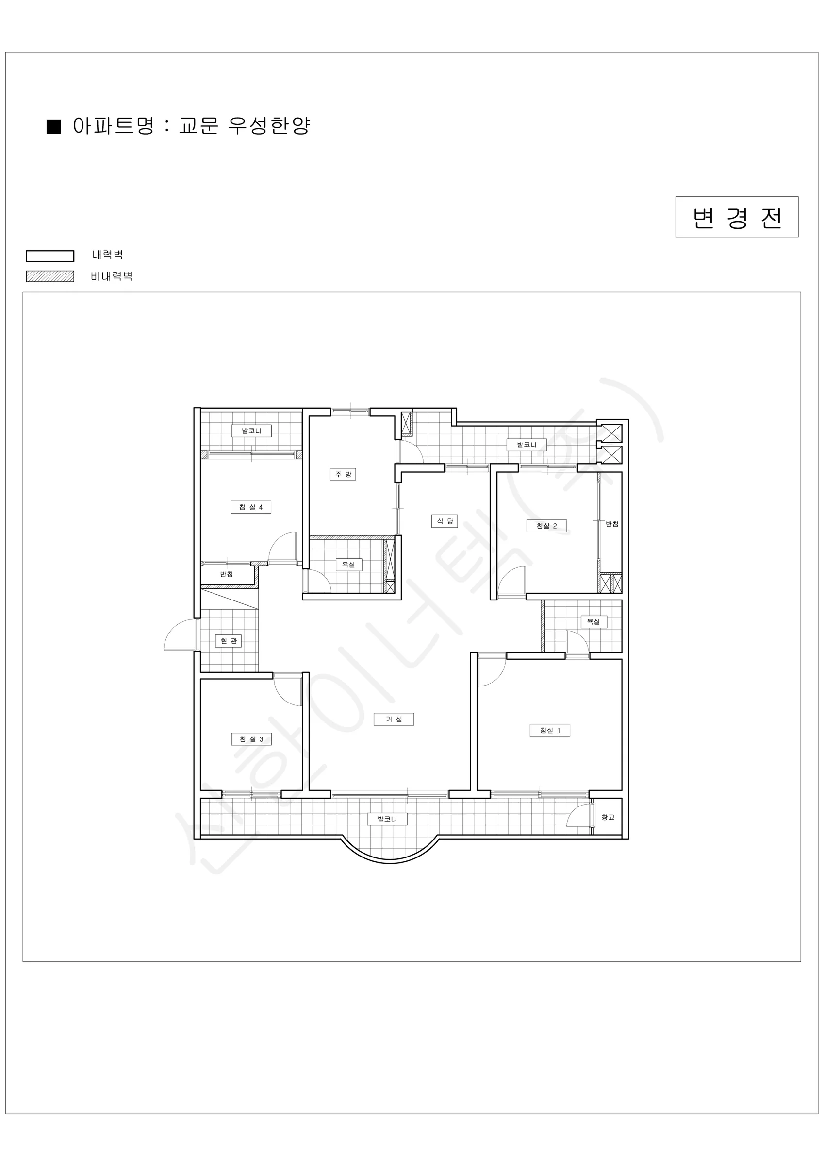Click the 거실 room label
394,719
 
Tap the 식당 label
445,521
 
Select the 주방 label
343,474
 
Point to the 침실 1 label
550,730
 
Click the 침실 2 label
546,526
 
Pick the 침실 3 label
251,739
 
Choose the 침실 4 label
251,507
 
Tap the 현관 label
229,641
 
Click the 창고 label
608,817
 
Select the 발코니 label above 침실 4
251,430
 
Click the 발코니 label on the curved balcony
387,819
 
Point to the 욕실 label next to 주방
348,564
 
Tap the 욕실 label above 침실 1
593,621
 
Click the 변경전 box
737,217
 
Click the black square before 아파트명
54,126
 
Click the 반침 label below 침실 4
226,574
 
